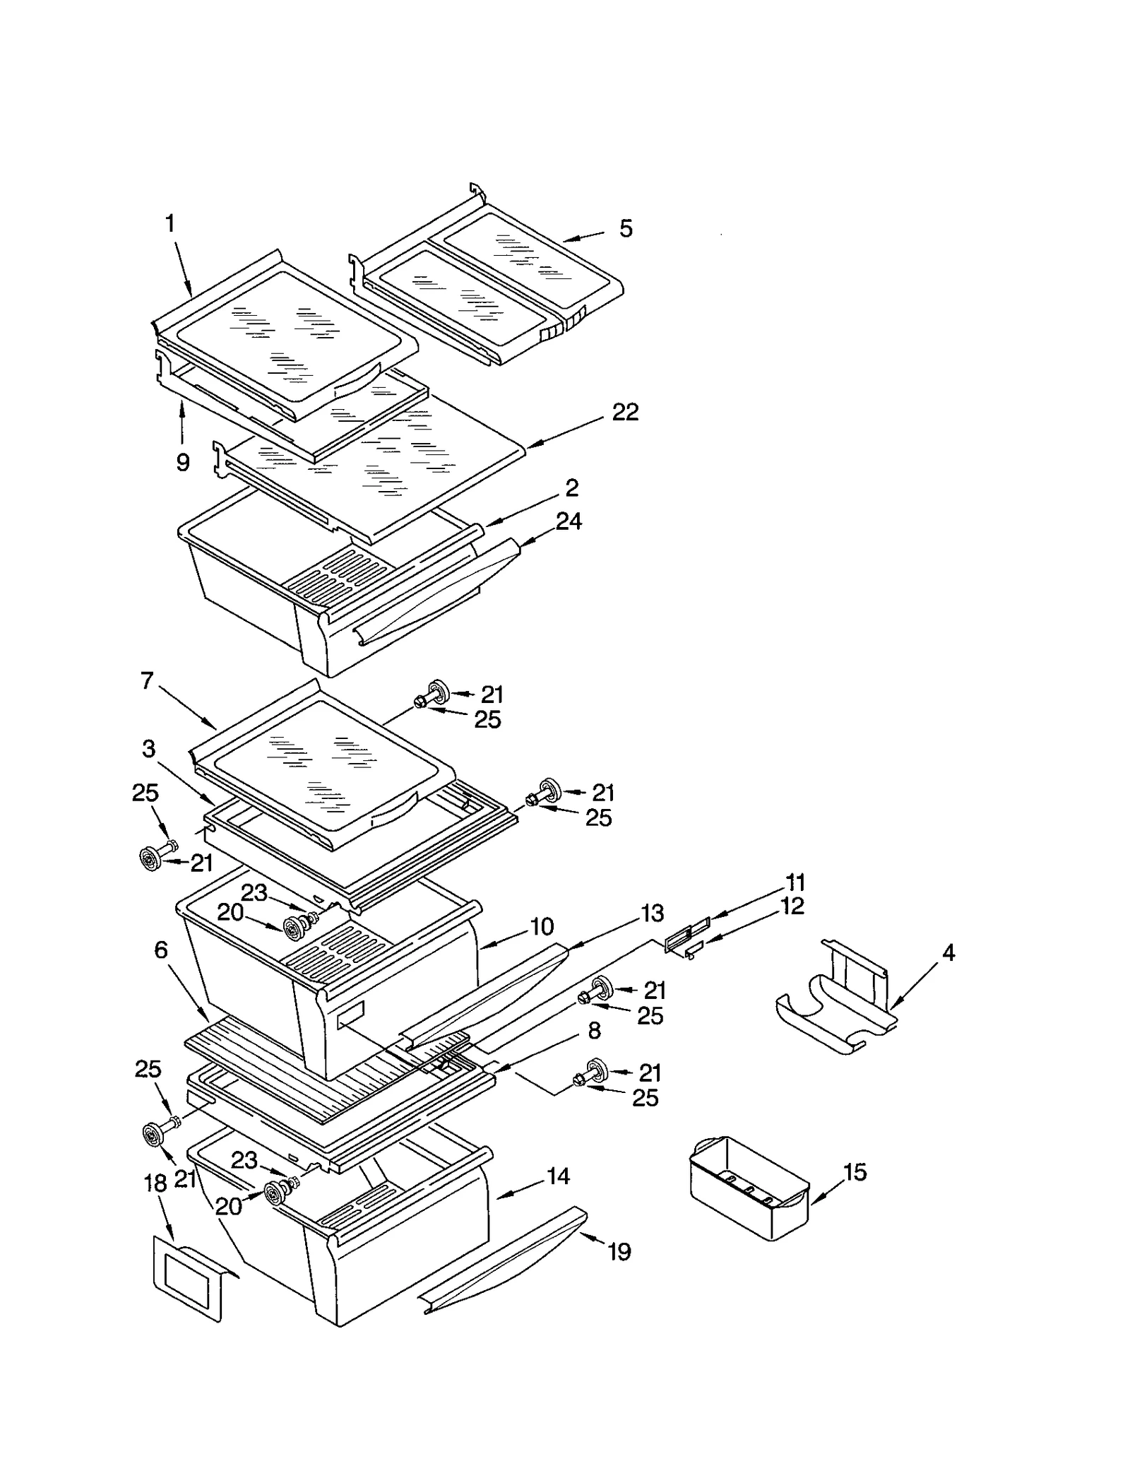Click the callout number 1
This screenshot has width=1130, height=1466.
tap(169, 224)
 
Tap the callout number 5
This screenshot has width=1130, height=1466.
tap(626, 229)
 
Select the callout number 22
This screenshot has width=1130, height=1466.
tap(625, 412)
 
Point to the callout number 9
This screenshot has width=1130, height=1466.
tap(182, 463)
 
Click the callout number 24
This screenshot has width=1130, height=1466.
tap(569, 521)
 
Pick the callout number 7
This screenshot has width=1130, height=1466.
tap(147, 682)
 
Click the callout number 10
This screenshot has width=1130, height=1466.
tap(542, 926)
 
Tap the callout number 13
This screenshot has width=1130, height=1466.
tap(653, 914)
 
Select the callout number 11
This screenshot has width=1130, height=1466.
tap(795, 882)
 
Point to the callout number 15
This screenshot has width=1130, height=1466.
tap(855, 1173)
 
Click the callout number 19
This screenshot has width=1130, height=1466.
tap(619, 1253)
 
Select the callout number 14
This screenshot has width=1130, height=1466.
tap(558, 1176)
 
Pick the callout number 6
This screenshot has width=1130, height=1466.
tap(161, 950)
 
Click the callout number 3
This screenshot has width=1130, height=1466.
tap(148, 749)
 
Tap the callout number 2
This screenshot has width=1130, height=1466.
tap(571, 488)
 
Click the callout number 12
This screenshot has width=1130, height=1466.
tap(792, 906)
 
